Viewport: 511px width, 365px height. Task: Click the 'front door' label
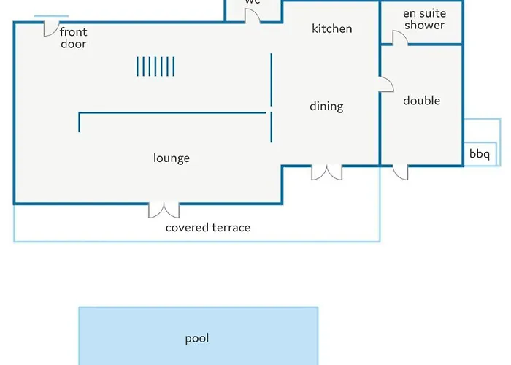73,38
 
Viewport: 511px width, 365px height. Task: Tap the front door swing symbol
51,28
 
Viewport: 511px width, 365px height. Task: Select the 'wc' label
253,2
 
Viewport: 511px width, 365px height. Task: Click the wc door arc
252,15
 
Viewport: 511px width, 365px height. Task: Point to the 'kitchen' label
332,28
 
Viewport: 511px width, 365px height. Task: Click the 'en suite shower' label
424,19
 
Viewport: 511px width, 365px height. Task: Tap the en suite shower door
400,38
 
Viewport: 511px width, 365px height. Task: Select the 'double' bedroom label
421,101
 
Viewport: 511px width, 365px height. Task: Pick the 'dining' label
326,106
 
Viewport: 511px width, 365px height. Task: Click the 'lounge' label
172,158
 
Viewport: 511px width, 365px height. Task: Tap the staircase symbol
155,66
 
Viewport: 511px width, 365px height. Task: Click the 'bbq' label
480,154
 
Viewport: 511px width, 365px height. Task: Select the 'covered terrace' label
208,228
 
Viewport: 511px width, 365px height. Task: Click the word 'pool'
197,338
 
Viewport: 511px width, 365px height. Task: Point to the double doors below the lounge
164,210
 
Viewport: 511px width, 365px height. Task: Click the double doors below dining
326,172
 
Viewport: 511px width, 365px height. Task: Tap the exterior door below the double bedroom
400,172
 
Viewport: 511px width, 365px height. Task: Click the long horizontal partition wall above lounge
172,113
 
